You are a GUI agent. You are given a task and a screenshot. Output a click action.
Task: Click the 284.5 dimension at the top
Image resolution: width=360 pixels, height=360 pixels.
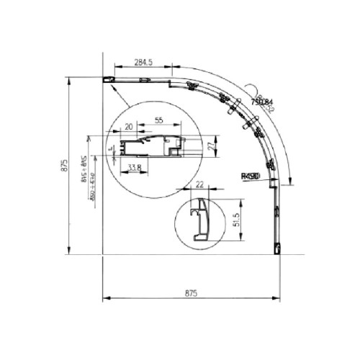point(142,63)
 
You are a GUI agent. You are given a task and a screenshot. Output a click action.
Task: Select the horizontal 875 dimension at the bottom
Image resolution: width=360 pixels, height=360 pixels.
point(190,293)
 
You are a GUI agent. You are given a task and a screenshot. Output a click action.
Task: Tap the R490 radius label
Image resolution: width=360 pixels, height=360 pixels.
point(252,175)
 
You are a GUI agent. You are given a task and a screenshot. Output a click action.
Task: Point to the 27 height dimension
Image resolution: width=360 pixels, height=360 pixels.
point(211,145)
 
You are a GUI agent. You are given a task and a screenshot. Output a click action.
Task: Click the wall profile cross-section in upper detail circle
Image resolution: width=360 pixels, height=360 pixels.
point(151,145)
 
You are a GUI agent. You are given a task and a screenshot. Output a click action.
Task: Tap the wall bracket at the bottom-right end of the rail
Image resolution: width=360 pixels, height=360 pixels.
point(276,248)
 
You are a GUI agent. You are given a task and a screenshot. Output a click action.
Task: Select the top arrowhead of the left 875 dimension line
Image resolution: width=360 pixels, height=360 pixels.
point(69,79)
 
